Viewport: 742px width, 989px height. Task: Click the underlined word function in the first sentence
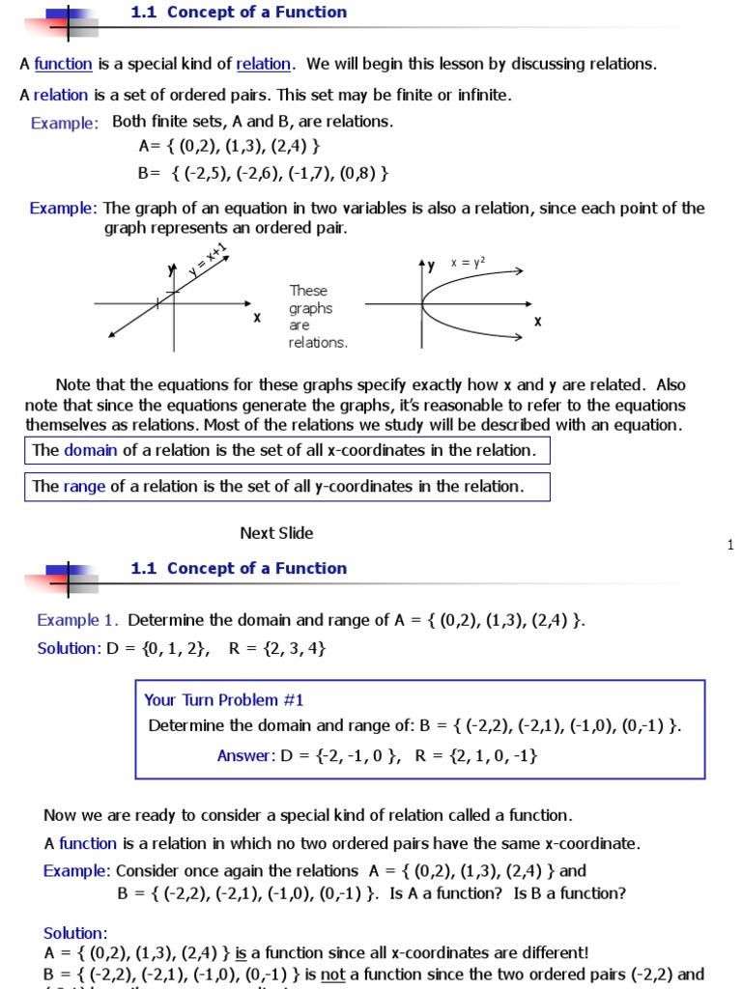[63, 65]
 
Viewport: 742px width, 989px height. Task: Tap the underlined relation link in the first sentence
[263, 65]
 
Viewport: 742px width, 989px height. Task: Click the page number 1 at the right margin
[730, 546]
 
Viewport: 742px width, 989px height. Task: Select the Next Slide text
[276, 533]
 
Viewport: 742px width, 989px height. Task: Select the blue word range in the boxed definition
[84, 487]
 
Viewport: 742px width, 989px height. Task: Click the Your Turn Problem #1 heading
[223, 700]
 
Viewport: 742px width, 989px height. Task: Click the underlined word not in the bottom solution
[333, 975]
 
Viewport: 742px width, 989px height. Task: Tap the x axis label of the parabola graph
[537, 322]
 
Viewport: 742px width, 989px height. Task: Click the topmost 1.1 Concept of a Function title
[239, 13]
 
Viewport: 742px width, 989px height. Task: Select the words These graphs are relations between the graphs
[317, 317]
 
